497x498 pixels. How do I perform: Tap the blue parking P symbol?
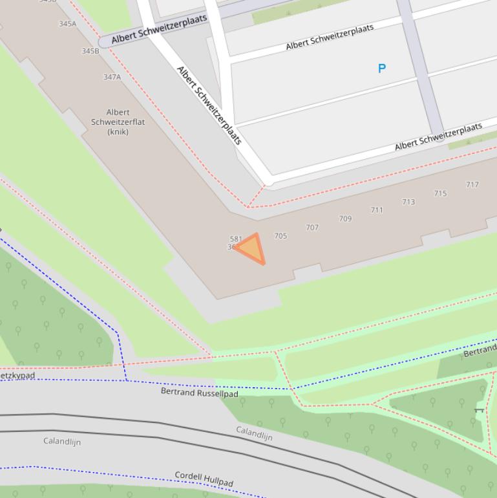click(x=382, y=68)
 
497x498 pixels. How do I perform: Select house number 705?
click(x=280, y=236)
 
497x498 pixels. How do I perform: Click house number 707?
click(x=312, y=228)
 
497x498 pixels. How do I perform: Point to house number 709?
click(x=345, y=219)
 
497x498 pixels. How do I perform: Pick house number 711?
click(x=377, y=210)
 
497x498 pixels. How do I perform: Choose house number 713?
click(x=408, y=202)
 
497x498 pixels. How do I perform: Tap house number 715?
click(x=440, y=193)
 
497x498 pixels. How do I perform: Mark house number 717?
click(x=472, y=185)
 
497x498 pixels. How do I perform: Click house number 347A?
click(x=112, y=77)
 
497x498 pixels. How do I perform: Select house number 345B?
click(x=90, y=51)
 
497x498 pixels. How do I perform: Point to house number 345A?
click(x=67, y=24)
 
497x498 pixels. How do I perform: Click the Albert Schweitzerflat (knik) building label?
click(x=118, y=122)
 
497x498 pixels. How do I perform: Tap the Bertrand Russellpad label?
click(x=199, y=392)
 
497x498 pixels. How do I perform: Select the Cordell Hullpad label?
click(x=204, y=479)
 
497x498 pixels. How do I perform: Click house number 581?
click(x=236, y=239)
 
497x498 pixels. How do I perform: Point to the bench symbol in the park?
click(x=479, y=409)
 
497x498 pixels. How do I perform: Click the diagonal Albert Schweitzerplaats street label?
click(x=209, y=105)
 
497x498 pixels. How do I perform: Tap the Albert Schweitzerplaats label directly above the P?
click(x=330, y=37)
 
